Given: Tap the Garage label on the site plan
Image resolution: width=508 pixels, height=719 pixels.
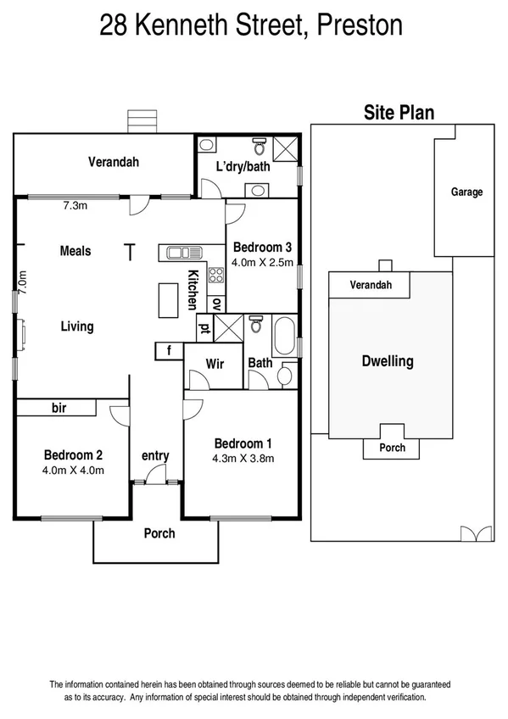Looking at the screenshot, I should coord(466,192).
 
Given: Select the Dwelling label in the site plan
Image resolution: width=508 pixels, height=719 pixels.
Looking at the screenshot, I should coord(388,361).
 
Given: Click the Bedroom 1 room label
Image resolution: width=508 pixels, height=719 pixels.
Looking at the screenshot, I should coord(243,443).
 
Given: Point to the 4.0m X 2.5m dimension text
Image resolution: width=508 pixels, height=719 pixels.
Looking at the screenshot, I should coord(263,262).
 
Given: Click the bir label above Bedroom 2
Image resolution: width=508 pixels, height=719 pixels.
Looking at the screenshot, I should coord(59,409).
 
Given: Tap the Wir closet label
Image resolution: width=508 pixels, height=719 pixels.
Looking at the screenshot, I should coord(215,364).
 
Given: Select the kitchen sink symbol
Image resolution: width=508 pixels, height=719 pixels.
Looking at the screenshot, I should coord(182,252).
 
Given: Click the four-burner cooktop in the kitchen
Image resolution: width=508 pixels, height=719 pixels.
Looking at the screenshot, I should coord(216,274).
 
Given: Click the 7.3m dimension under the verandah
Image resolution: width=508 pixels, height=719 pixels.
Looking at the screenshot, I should coord(77,205).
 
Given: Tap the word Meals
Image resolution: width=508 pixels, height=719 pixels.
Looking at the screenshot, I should coord(75,251).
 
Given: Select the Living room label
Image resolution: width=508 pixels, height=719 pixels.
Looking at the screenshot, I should coord(76,326).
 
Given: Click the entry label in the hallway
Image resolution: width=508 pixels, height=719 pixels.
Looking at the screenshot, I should coord(155,456).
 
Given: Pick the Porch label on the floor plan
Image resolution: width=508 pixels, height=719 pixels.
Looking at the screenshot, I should coord(159,533).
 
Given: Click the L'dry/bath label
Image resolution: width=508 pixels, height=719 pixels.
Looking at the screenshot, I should coord(243,166).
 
